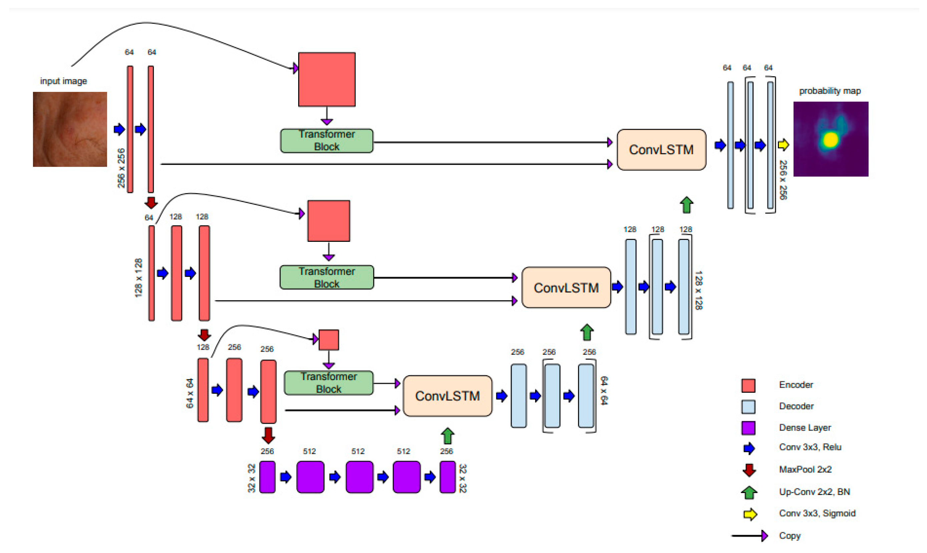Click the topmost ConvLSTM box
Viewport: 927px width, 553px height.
661,150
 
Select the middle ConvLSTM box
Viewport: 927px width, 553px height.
566,287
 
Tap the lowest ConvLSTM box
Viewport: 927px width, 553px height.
447,396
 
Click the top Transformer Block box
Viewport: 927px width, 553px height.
327,141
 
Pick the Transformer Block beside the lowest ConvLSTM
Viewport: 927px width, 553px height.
328,383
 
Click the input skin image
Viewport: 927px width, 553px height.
70,129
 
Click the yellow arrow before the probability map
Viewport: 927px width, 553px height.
783,145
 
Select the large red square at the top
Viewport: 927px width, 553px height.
327,79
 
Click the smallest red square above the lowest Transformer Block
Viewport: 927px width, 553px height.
328,340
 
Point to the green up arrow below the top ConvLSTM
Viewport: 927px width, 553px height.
686,205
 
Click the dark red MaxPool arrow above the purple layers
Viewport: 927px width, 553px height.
268,435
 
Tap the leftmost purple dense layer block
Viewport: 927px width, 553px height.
267,477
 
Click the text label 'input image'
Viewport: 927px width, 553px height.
63,81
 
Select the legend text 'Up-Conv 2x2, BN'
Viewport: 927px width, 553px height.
814,492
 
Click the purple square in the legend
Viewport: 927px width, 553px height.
748,428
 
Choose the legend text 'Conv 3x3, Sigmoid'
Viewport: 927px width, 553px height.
817,513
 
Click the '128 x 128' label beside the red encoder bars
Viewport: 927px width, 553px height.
138,277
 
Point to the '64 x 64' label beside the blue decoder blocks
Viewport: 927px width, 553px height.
604,390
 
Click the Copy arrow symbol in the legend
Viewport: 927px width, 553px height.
750,536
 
